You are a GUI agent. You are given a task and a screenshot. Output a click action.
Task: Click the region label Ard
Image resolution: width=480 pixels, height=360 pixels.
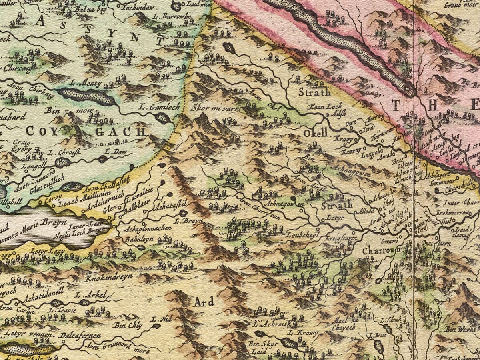(x=204, y=302)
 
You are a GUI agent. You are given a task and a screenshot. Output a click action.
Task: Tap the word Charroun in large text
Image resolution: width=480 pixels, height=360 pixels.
(x=381, y=251)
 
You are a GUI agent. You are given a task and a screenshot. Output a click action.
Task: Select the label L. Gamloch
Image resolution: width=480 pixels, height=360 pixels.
(x=154, y=107)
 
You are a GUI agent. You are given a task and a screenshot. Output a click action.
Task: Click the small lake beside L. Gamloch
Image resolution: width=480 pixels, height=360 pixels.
(x=162, y=118)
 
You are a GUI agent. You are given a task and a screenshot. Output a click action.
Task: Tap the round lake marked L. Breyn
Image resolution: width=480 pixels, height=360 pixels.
(x=183, y=213)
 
